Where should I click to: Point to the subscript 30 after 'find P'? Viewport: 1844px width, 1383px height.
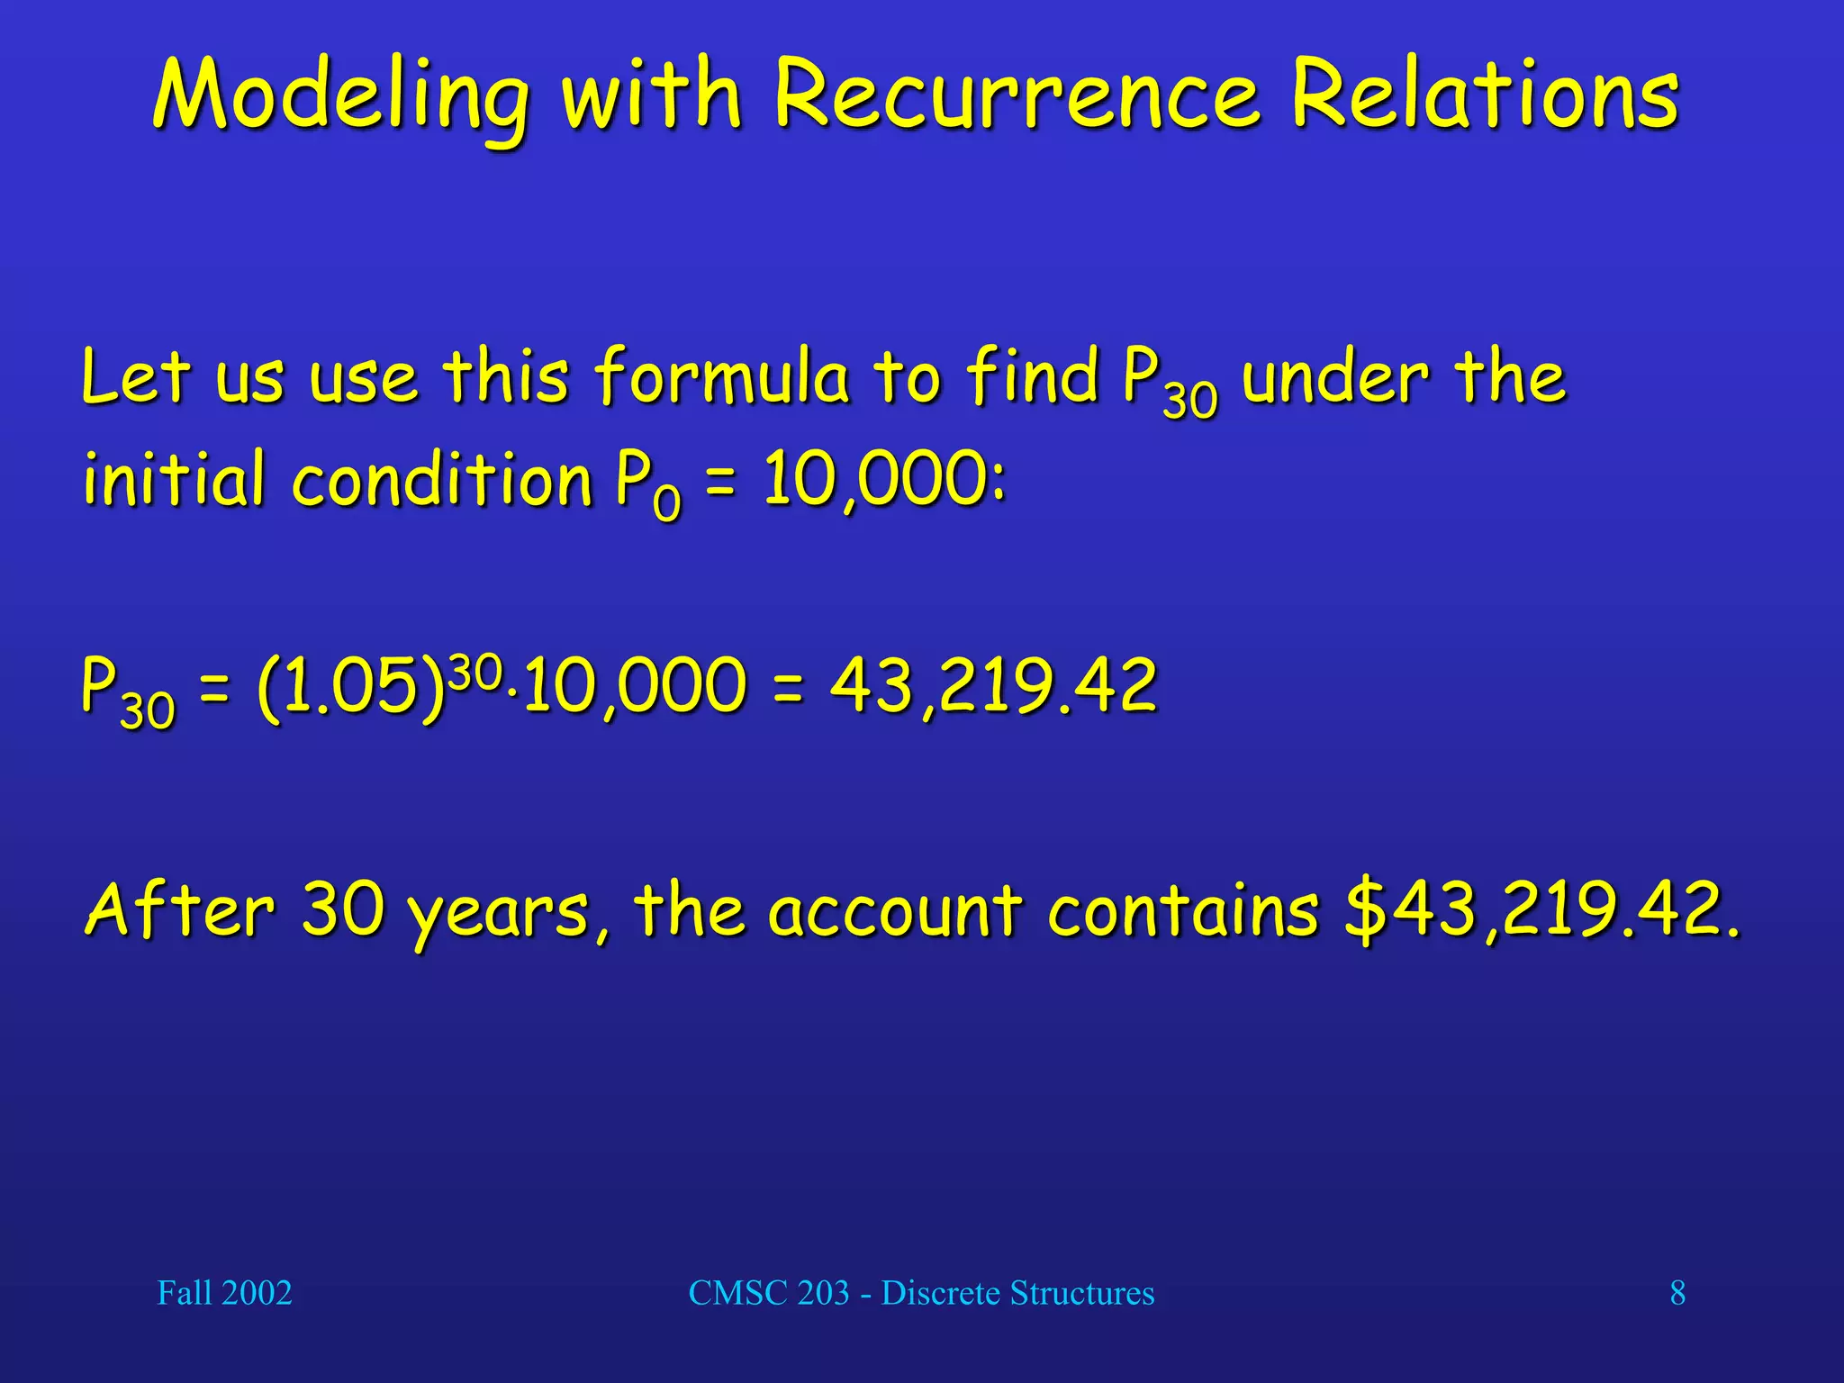pos(1189,400)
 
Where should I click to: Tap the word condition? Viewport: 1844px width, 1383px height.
pos(441,478)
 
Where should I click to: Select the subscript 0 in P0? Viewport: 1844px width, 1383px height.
pos(667,502)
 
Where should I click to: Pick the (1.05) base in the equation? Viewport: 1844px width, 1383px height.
pos(351,686)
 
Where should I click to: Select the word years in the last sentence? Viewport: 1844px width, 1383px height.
pos(500,911)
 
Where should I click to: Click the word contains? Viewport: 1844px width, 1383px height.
pos(1183,909)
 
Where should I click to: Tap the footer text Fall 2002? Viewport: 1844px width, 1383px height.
pos(224,1293)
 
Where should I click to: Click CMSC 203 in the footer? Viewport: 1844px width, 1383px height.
pos(769,1293)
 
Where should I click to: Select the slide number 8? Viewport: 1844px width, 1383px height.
pos(1677,1293)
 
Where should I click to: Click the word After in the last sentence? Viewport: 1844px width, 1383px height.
pos(179,909)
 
